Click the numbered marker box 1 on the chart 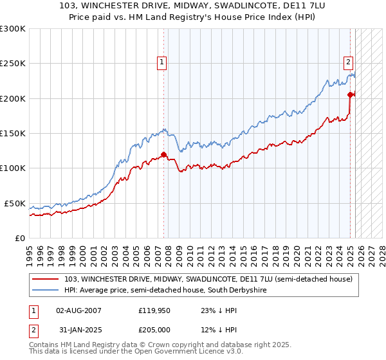coord(161,62)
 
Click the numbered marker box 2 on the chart coord(347,62)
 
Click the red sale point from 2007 coord(163,154)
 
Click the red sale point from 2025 coord(351,94)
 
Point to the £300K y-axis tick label coord(13,29)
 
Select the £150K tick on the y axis coord(13,133)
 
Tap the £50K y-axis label coord(15,203)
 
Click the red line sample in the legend coord(46,279)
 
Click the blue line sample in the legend coord(46,291)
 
